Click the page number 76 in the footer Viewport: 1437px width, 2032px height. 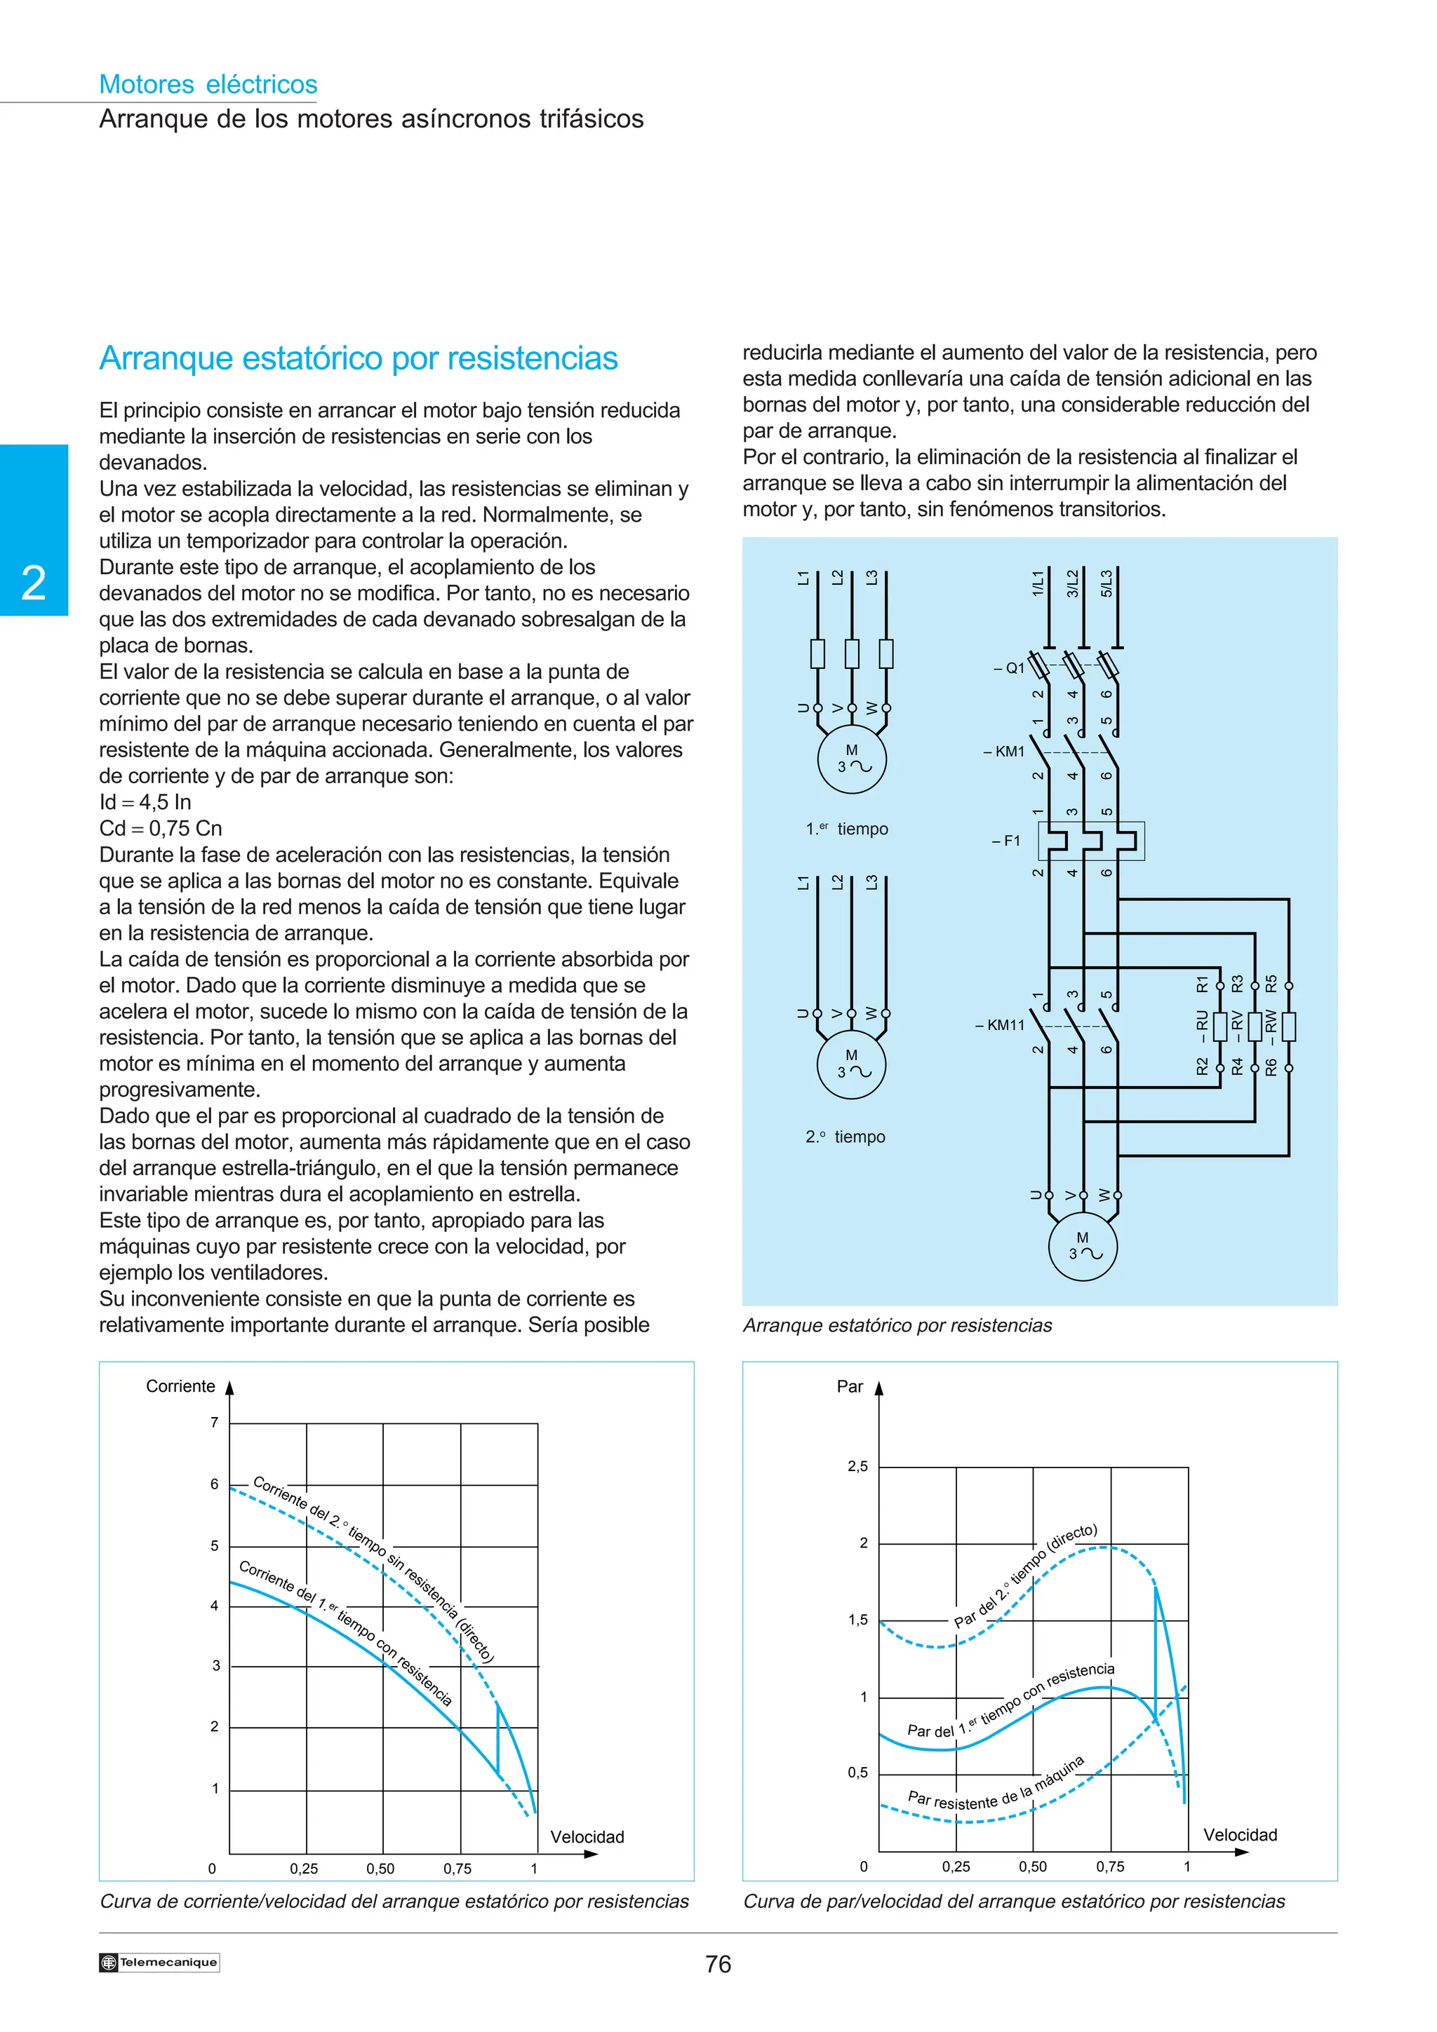tap(718, 1964)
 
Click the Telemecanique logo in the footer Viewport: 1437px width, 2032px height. tap(159, 1962)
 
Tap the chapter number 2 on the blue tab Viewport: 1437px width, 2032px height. tap(34, 583)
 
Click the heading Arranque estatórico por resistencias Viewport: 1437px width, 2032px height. tap(359, 358)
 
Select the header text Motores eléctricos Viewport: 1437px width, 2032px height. tap(208, 84)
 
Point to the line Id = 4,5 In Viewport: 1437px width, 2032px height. tap(145, 803)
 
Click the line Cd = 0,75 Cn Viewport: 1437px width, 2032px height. tap(160, 828)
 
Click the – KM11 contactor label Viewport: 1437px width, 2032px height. tap(1001, 1025)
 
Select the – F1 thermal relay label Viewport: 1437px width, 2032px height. tap(1007, 841)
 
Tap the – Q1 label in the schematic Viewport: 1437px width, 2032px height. tap(1010, 668)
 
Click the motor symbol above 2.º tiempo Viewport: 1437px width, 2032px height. tap(851, 1064)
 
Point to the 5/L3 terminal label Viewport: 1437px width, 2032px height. tap(1106, 583)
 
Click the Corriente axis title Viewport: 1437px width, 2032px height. tap(180, 1387)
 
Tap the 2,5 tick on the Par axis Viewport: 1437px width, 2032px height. tap(857, 1466)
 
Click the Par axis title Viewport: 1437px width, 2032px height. tap(849, 1387)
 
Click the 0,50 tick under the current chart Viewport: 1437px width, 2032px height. tap(381, 1868)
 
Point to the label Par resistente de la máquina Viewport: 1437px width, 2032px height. tap(996, 1785)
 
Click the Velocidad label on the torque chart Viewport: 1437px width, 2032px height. tap(1240, 1835)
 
